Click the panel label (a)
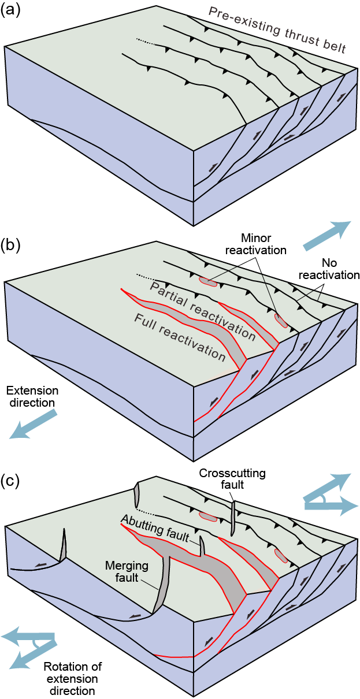[x=10, y=12]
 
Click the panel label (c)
[x=10, y=480]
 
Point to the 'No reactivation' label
[x=328, y=269]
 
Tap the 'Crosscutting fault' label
[x=232, y=479]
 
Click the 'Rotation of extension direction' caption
[x=70, y=678]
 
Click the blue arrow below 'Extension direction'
[x=34, y=425]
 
